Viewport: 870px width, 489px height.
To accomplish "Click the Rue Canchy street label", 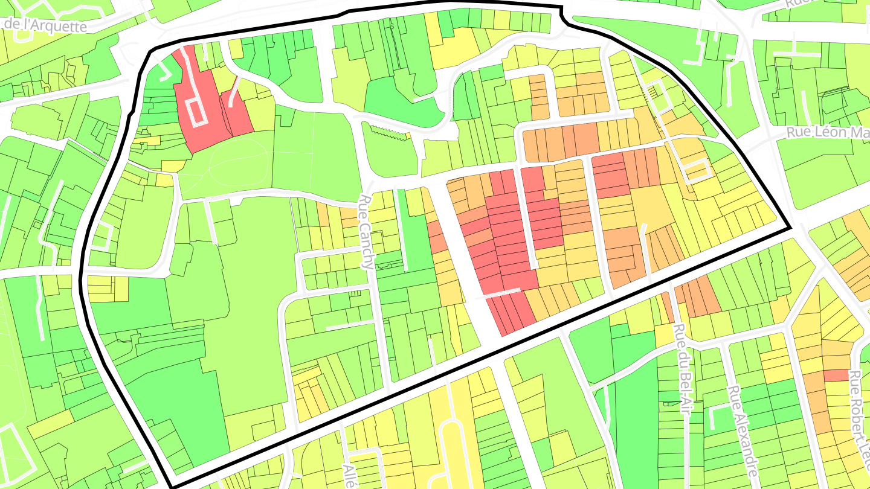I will pos(368,232).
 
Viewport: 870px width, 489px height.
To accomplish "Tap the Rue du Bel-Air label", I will pos(681,368).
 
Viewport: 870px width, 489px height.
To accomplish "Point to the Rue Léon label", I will pos(828,132).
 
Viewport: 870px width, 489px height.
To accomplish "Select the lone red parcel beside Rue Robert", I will pos(837,375).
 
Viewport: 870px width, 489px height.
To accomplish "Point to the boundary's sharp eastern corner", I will pos(790,229).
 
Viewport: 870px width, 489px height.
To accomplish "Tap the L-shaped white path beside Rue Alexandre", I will pos(719,417).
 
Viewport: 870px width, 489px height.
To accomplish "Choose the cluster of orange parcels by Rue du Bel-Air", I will pos(695,299).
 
